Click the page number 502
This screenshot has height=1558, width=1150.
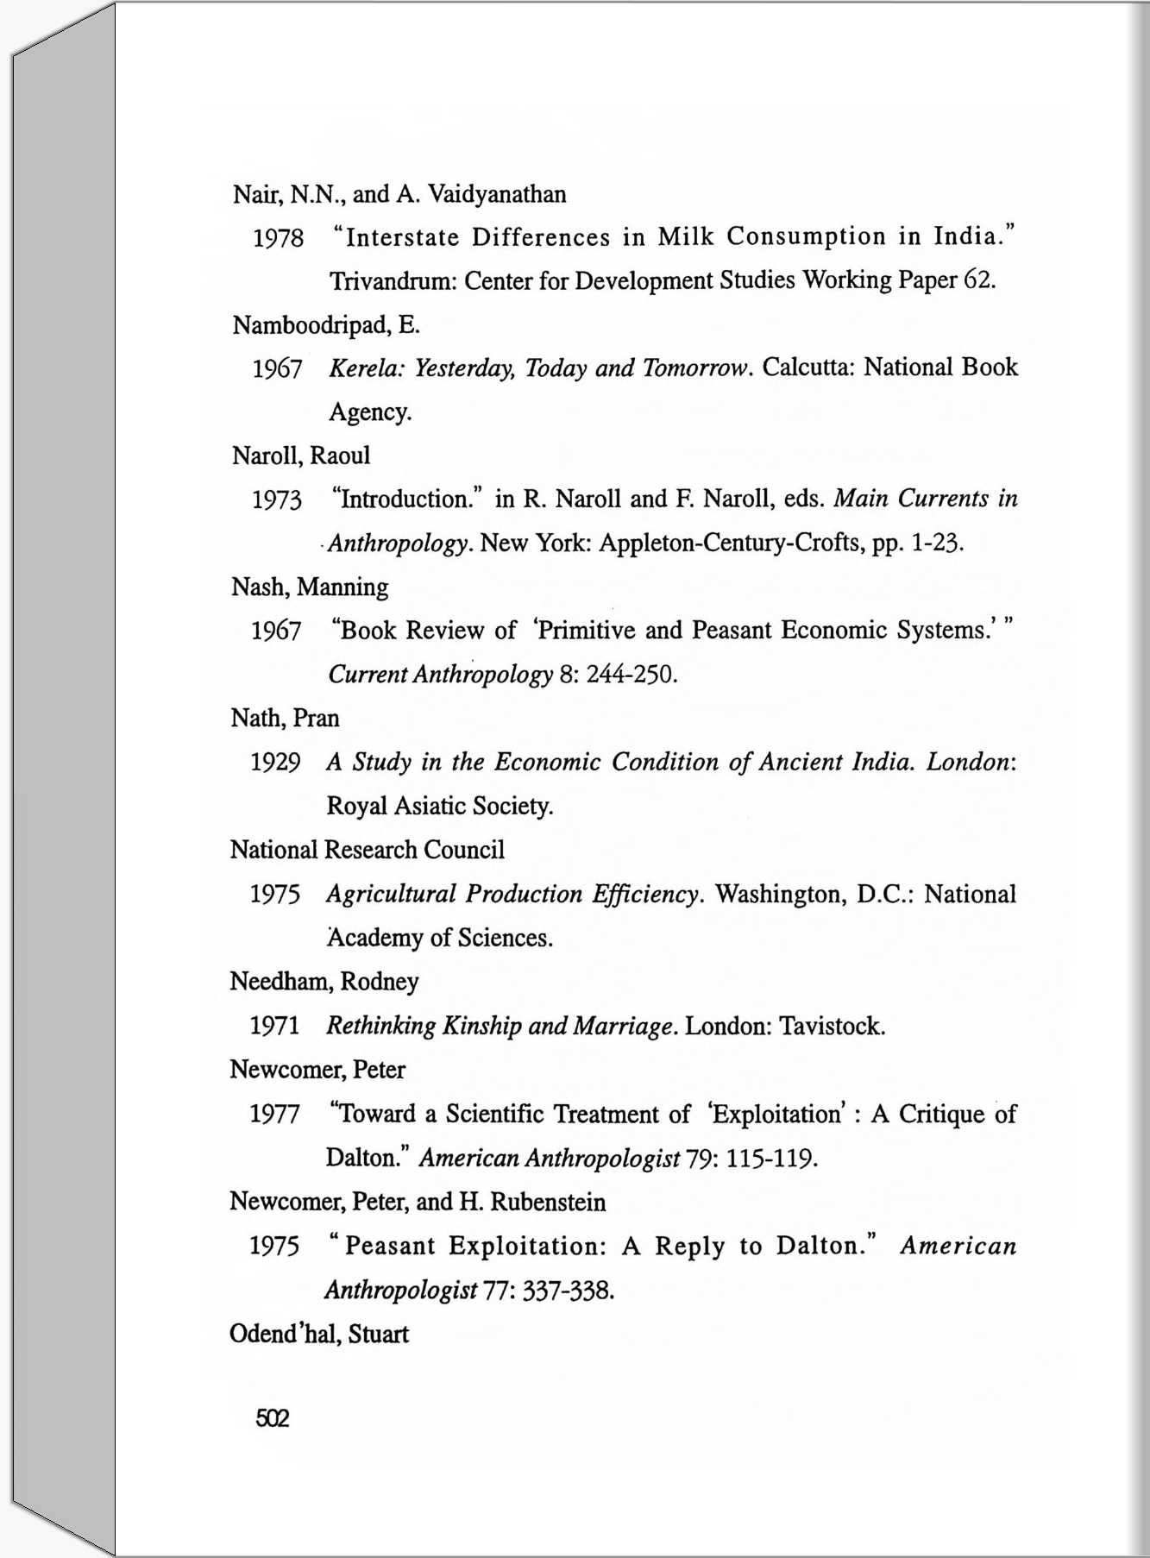[x=272, y=1418]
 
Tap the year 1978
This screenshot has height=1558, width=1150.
[x=278, y=238]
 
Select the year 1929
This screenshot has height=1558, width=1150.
[x=275, y=763]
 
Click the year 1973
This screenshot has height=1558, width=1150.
[x=277, y=500]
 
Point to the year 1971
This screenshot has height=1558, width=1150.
[x=274, y=1027]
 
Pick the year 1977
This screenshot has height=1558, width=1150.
[x=274, y=1115]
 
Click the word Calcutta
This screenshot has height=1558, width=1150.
[x=808, y=368]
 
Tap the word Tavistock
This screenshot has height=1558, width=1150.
[x=832, y=1027]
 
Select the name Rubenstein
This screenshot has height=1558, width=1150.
[x=548, y=1203]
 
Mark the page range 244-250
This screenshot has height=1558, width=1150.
[x=632, y=675]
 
